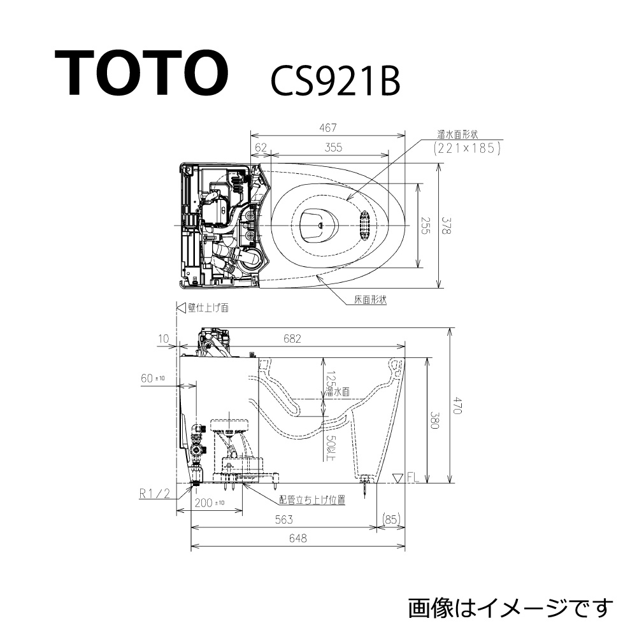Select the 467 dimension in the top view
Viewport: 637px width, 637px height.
[329, 127]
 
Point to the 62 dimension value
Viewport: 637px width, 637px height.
[261, 147]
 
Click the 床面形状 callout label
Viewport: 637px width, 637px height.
[371, 299]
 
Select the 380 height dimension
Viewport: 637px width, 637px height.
[434, 419]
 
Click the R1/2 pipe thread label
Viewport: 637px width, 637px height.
[154, 492]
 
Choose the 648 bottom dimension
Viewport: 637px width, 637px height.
[297, 539]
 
